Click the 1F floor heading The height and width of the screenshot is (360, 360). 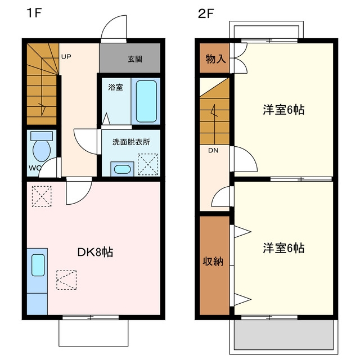pyautogui.click(x=34, y=13)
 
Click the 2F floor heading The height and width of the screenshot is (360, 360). pyautogui.click(x=206, y=13)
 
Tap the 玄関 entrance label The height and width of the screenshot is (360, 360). pyautogui.click(x=135, y=59)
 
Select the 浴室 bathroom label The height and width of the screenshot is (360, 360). pyautogui.click(x=115, y=87)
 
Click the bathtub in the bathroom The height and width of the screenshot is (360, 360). pyautogui.click(x=146, y=101)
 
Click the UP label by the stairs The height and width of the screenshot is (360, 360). pyautogui.click(x=66, y=57)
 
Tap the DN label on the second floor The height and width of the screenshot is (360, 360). pyautogui.click(x=213, y=151)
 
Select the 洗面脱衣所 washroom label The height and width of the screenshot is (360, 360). pyautogui.click(x=131, y=142)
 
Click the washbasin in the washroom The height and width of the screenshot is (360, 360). pyautogui.click(x=123, y=169)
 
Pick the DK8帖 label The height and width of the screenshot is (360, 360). pyautogui.click(x=95, y=253)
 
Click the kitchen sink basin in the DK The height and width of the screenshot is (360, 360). pyautogui.click(x=38, y=265)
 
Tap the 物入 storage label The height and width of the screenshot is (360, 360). pyautogui.click(x=215, y=59)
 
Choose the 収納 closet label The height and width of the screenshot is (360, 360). pyautogui.click(x=213, y=261)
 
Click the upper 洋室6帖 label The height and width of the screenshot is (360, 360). pyautogui.click(x=283, y=110)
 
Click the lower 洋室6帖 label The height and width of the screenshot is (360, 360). pyautogui.click(x=283, y=248)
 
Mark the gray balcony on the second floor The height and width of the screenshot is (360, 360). pyautogui.click(x=283, y=334)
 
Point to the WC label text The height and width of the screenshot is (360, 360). pyautogui.click(x=35, y=168)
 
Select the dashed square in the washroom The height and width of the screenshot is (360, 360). pyautogui.click(x=148, y=164)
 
